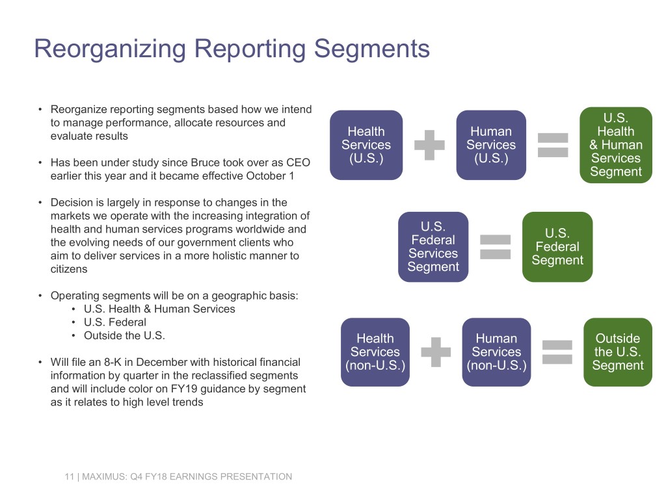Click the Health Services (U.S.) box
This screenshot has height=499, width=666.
point(366,145)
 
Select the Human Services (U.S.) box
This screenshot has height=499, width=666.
point(491,145)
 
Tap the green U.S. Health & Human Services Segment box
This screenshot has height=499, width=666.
point(615,145)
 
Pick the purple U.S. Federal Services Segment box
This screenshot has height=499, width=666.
point(433,247)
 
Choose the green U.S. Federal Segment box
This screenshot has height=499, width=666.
point(557,247)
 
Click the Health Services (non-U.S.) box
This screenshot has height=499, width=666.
point(375,352)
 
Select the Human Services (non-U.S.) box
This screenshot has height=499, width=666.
point(496,352)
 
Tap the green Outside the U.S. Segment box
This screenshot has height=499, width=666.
point(618,352)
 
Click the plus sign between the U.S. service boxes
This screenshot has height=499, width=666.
point(429,145)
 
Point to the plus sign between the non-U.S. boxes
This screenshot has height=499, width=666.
point(436,352)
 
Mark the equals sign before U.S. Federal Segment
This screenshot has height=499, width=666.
point(495,247)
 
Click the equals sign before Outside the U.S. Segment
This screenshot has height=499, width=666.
point(557,352)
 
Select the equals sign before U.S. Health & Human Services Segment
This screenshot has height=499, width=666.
point(553,145)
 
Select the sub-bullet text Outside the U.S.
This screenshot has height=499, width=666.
point(125,336)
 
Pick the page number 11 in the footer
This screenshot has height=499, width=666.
point(68,477)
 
